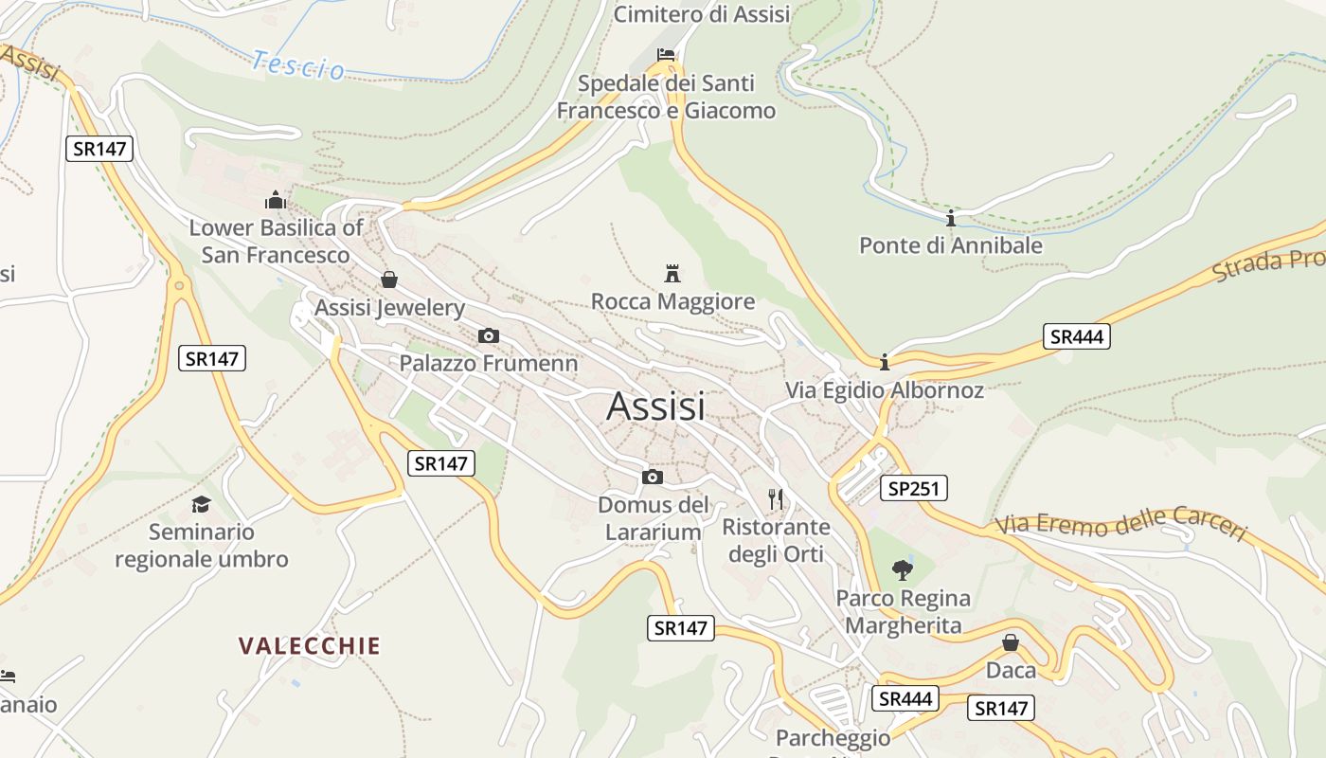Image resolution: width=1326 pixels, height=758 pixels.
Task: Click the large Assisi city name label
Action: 655,406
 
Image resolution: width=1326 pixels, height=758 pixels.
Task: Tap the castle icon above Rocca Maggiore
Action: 672,274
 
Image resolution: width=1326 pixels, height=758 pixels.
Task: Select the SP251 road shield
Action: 913,488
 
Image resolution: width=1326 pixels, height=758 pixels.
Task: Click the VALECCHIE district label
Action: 309,646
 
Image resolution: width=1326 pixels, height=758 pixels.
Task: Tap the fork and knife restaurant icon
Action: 776,499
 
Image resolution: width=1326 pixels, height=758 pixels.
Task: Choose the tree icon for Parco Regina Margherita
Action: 903,569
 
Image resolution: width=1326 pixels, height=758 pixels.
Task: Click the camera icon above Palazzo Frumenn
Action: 489,335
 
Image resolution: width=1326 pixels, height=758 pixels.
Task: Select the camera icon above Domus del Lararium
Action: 653,477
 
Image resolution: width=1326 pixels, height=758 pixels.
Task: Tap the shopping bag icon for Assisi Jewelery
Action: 388,280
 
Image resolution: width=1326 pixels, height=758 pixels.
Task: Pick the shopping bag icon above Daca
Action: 1011,642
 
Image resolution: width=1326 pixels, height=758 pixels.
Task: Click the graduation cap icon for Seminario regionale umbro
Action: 201,504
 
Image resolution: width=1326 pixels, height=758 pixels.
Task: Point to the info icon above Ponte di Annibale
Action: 951,219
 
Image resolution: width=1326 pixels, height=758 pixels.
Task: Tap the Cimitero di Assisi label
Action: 702,14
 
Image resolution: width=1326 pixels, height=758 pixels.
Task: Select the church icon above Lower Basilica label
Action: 276,200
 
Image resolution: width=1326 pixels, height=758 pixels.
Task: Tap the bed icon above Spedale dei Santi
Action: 666,54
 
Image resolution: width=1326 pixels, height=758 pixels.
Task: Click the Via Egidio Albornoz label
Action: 885,389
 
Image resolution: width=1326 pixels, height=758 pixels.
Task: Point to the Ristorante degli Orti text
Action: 776,540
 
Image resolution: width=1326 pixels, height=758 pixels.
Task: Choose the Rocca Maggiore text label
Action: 672,301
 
